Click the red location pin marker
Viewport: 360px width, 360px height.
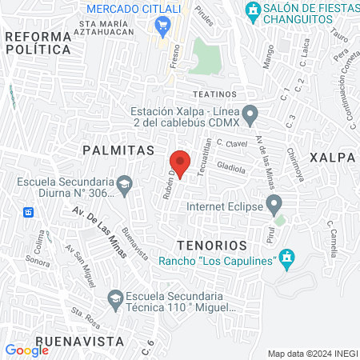pos(180,163)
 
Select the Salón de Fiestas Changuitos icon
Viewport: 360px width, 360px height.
pos(253,12)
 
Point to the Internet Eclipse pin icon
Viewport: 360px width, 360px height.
pos(274,204)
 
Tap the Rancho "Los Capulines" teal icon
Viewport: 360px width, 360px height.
pos(288,258)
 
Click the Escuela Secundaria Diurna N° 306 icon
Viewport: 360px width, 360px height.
pos(125,186)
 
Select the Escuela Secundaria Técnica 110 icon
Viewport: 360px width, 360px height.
pos(113,299)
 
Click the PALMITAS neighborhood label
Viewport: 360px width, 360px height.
pos(118,150)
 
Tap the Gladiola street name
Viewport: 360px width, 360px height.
pos(231,170)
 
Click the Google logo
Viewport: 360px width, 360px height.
pos(26,350)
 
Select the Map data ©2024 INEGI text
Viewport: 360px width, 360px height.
pos(312,354)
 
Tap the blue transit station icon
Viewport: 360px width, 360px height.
pos(29,212)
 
